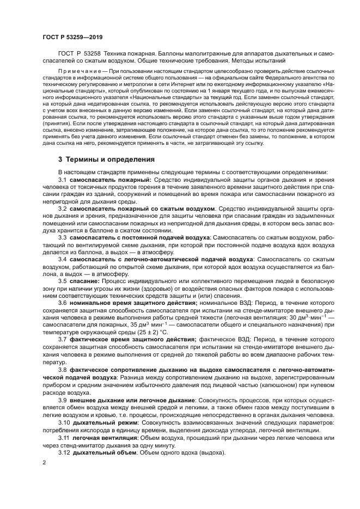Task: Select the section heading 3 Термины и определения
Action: (x=106, y=160)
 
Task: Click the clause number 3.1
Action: (x=62, y=180)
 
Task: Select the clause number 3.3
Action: (x=62, y=238)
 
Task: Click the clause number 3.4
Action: (x=62, y=259)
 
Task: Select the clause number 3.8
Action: (x=62, y=369)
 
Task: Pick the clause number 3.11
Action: (x=64, y=437)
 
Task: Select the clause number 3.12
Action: (x=64, y=453)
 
